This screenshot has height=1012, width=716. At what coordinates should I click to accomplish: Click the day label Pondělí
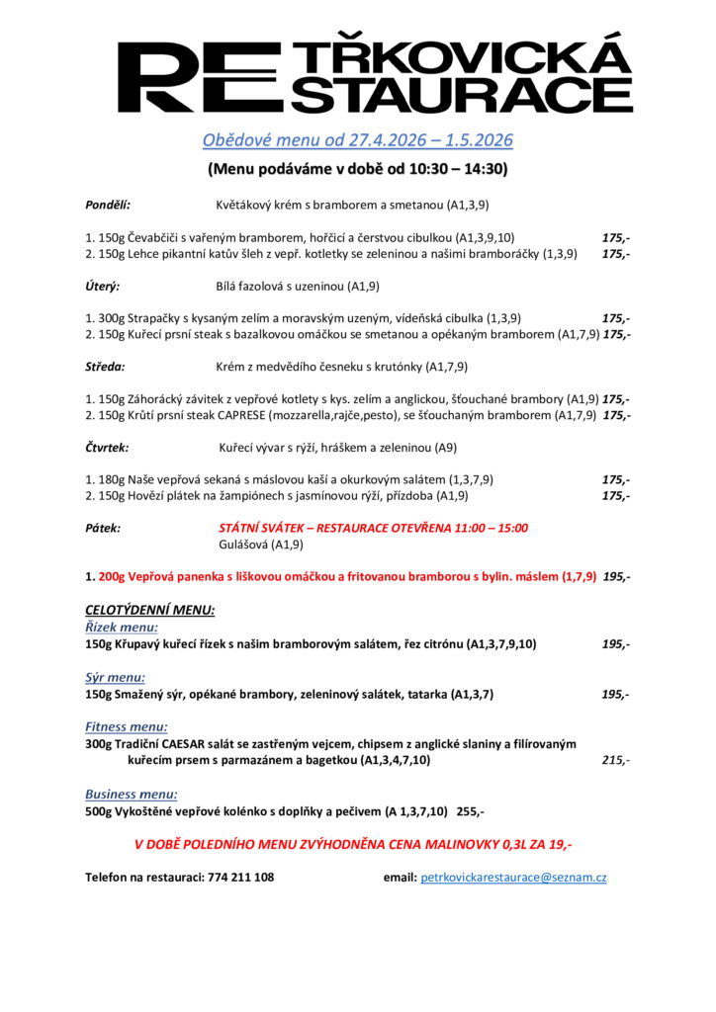[x=108, y=206]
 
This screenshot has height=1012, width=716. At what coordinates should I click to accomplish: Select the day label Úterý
[x=103, y=287]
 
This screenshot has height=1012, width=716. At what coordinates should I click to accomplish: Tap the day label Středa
[x=105, y=367]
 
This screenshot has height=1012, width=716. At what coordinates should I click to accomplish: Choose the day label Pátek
[x=103, y=528]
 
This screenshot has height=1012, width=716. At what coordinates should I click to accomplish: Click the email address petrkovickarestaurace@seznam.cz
[x=513, y=877]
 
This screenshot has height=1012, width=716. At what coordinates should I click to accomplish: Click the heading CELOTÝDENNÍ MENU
[x=150, y=610]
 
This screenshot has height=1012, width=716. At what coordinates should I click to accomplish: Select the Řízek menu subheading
[x=122, y=628]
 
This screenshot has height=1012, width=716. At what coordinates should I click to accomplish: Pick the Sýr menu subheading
[x=115, y=677]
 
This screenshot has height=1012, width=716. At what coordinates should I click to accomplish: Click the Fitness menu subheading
[x=126, y=727]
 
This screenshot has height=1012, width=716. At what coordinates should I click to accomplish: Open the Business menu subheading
[x=132, y=794]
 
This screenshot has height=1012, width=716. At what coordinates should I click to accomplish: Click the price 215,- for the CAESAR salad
[x=615, y=761]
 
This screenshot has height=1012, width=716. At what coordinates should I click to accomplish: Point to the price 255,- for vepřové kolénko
[x=470, y=811]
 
